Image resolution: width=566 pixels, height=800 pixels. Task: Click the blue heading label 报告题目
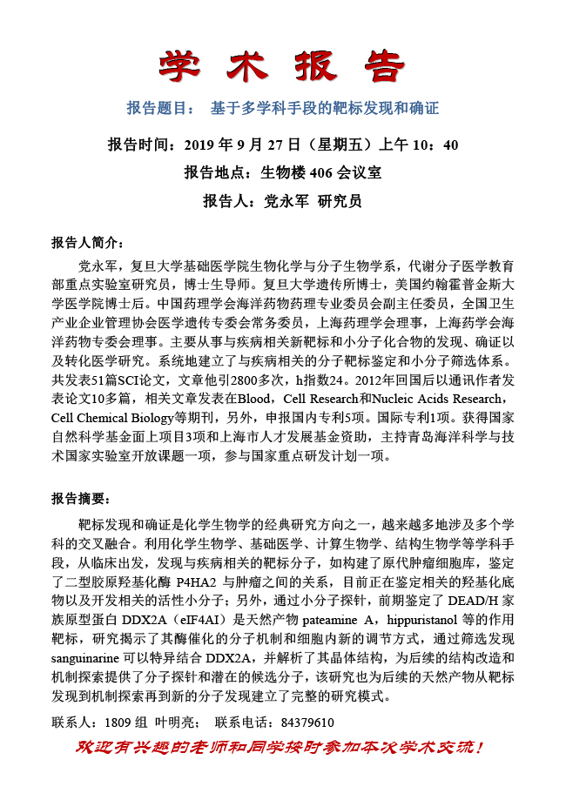pyautogui.click(x=160, y=109)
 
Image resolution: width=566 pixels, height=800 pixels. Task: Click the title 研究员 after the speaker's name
pyautogui.click(x=340, y=201)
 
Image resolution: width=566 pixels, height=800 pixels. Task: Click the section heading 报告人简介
pyautogui.click(x=89, y=242)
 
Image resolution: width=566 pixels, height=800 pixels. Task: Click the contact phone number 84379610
pyautogui.click(x=306, y=723)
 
